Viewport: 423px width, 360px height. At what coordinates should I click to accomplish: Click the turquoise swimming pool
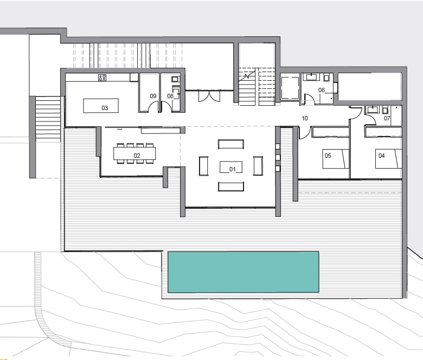tap(243, 272)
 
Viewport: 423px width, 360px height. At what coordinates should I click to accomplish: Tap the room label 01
tap(232, 169)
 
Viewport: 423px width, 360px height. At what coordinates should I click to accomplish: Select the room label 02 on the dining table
tap(137, 156)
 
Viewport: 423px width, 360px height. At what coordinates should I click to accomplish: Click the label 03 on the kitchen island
tap(105, 108)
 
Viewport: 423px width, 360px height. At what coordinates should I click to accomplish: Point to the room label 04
tap(381, 156)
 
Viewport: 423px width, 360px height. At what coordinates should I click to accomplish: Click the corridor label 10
tap(305, 118)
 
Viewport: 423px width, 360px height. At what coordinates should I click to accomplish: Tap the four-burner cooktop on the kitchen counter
tap(102, 78)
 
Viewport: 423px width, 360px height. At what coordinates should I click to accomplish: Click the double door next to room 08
tap(209, 96)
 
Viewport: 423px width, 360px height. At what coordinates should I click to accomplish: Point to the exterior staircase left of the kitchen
tap(48, 118)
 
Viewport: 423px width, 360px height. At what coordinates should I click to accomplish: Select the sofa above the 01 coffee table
tap(231, 144)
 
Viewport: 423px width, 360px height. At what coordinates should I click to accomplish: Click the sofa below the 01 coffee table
tap(231, 187)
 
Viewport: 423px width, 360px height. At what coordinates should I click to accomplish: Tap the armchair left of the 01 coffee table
tap(204, 166)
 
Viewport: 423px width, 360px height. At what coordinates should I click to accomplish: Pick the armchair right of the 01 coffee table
tap(258, 165)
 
